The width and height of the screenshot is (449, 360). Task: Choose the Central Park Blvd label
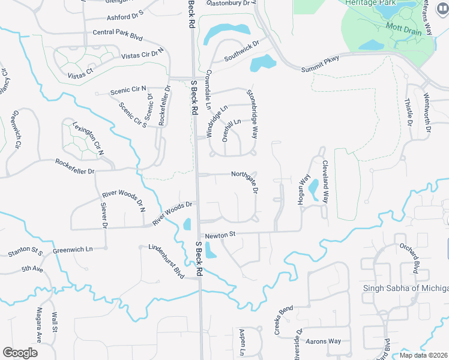coord(118,34)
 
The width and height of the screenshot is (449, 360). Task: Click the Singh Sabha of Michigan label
coord(406,288)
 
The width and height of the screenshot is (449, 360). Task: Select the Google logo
coord(20,353)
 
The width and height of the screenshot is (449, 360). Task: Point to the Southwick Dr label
coord(241,52)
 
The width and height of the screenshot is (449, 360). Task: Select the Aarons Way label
coord(325,341)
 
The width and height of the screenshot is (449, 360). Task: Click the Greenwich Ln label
coord(73,249)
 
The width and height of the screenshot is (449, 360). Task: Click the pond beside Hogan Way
coord(313,190)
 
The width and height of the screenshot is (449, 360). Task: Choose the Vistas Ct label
coord(81,71)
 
